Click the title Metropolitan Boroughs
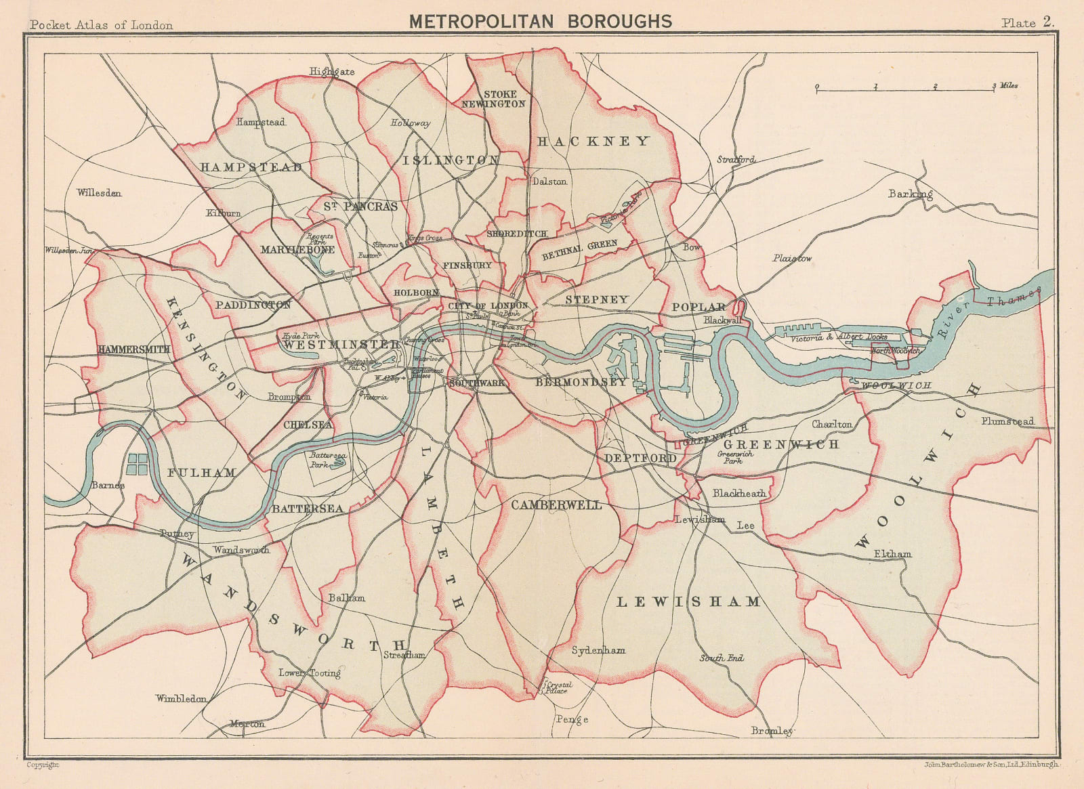coord(540,22)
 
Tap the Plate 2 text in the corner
coord(1028,22)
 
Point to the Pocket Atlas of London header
coord(102,25)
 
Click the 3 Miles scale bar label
coord(1005,86)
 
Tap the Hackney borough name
coord(593,141)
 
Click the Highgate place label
coord(332,71)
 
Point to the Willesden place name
coord(99,193)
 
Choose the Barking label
coord(910,194)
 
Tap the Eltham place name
coord(892,554)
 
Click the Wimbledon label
coord(181,698)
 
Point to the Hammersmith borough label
coord(133,349)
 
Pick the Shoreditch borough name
coord(516,234)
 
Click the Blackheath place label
coord(739,493)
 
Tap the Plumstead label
coord(1007,421)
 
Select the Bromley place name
coord(772,731)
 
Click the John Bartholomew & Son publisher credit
coord(990,765)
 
